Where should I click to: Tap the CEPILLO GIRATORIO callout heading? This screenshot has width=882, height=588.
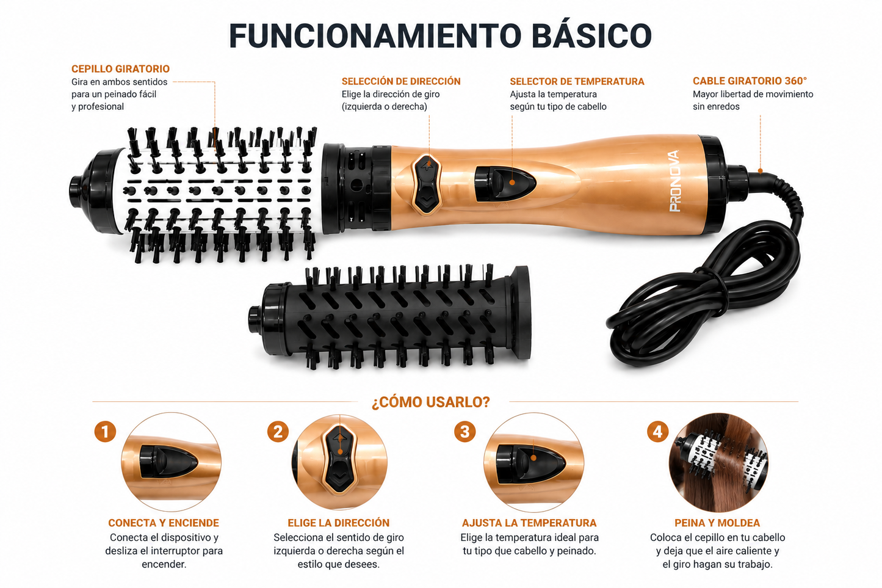tap(120, 69)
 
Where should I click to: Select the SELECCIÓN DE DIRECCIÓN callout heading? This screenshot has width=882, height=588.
tap(401, 81)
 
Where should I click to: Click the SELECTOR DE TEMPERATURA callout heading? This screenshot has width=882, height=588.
tap(577, 82)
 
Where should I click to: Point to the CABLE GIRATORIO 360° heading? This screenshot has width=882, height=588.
tap(750, 81)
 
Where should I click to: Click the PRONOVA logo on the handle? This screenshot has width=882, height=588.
tap(674, 181)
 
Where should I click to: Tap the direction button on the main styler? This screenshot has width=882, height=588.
tap(427, 184)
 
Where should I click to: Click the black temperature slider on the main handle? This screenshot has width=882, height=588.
tap(505, 184)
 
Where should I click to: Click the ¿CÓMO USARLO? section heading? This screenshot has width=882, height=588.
tap(431, 402)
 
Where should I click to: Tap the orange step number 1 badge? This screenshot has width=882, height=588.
tap(105, 432)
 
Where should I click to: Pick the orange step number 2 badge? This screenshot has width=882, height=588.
tap(278, 432)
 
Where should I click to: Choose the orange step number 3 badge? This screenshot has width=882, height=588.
tap(465, 432)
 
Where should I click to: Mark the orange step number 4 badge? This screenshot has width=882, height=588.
tap(657, 432)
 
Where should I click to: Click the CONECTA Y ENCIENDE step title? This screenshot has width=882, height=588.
tap(164, 523)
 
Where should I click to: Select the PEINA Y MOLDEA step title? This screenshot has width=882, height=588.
tap(717, 523)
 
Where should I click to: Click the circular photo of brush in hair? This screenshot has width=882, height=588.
tap(718, 462)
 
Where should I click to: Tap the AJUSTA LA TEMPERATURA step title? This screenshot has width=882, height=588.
tap(529, 523)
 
